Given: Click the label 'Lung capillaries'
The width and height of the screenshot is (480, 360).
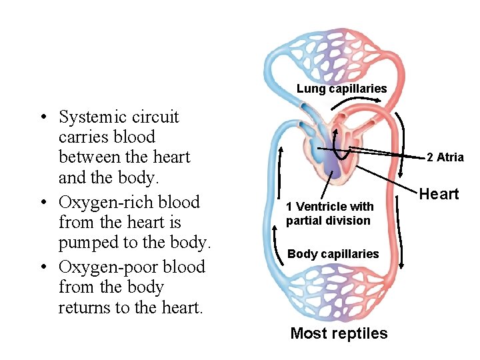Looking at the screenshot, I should (341, 89).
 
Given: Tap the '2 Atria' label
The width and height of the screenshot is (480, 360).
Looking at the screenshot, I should (445, 157).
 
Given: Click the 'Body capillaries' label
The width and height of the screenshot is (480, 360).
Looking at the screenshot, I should (333, 254).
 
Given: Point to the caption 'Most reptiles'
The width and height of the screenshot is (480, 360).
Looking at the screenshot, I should (339, 333).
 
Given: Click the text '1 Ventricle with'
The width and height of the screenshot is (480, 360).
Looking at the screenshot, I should (329, 207).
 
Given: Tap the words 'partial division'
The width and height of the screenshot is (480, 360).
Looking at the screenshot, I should (328, 221).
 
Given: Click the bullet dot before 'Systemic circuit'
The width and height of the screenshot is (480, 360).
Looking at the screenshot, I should (42, 119).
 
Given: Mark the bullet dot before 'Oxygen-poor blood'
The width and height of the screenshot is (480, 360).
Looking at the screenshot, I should (42, 268).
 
